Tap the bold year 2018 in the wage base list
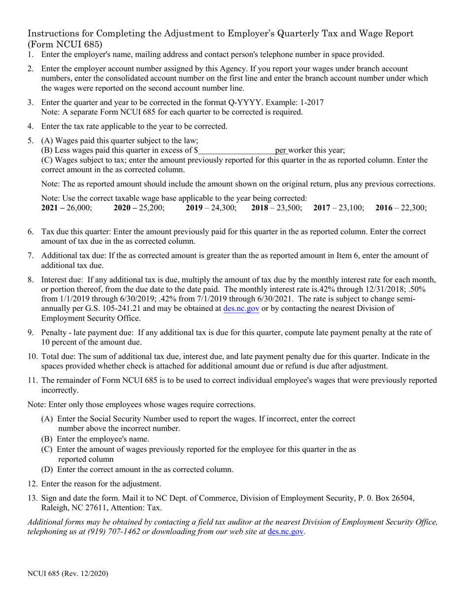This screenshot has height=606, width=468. (260, 208)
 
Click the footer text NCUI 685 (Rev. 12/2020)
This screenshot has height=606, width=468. (68, 573)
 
